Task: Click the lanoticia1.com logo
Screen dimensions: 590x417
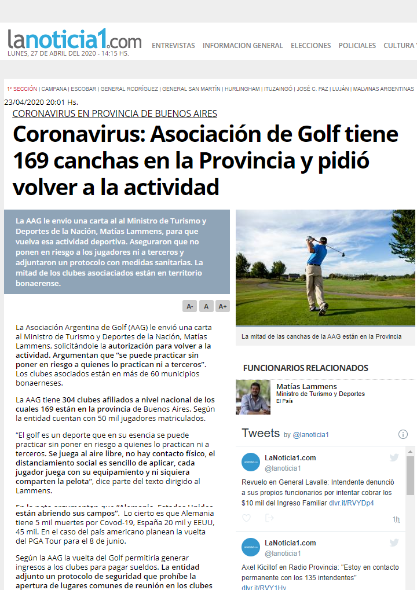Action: (x=74, y=41)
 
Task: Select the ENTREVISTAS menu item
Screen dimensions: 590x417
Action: (x=173, y=46)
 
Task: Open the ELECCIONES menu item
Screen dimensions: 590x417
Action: (x=310, y=46)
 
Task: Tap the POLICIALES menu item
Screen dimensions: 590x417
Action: (x=357, y=46)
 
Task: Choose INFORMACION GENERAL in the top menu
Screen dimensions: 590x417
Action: (x=243, y=46)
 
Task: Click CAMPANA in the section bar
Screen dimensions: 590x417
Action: (x=54, y=89)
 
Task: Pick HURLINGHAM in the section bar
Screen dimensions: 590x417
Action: (x=242, y=89)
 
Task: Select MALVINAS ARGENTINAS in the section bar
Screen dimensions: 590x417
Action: (x=383, y=89)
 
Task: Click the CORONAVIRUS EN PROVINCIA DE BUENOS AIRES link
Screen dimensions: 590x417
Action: (x=115, y=113)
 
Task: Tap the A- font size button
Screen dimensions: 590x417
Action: (x=189, y=306)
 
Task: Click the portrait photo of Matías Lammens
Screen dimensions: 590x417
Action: (x=253, y=397)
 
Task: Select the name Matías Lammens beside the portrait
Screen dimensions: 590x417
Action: (x=306, y=386)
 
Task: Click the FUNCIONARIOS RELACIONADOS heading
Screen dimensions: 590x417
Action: (x=305, y=368)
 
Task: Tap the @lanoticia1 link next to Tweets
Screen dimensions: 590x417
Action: (x=310, y=435)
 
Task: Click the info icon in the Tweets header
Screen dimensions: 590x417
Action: (x=403, y=434)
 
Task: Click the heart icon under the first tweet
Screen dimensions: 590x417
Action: (x=246, y=518)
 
